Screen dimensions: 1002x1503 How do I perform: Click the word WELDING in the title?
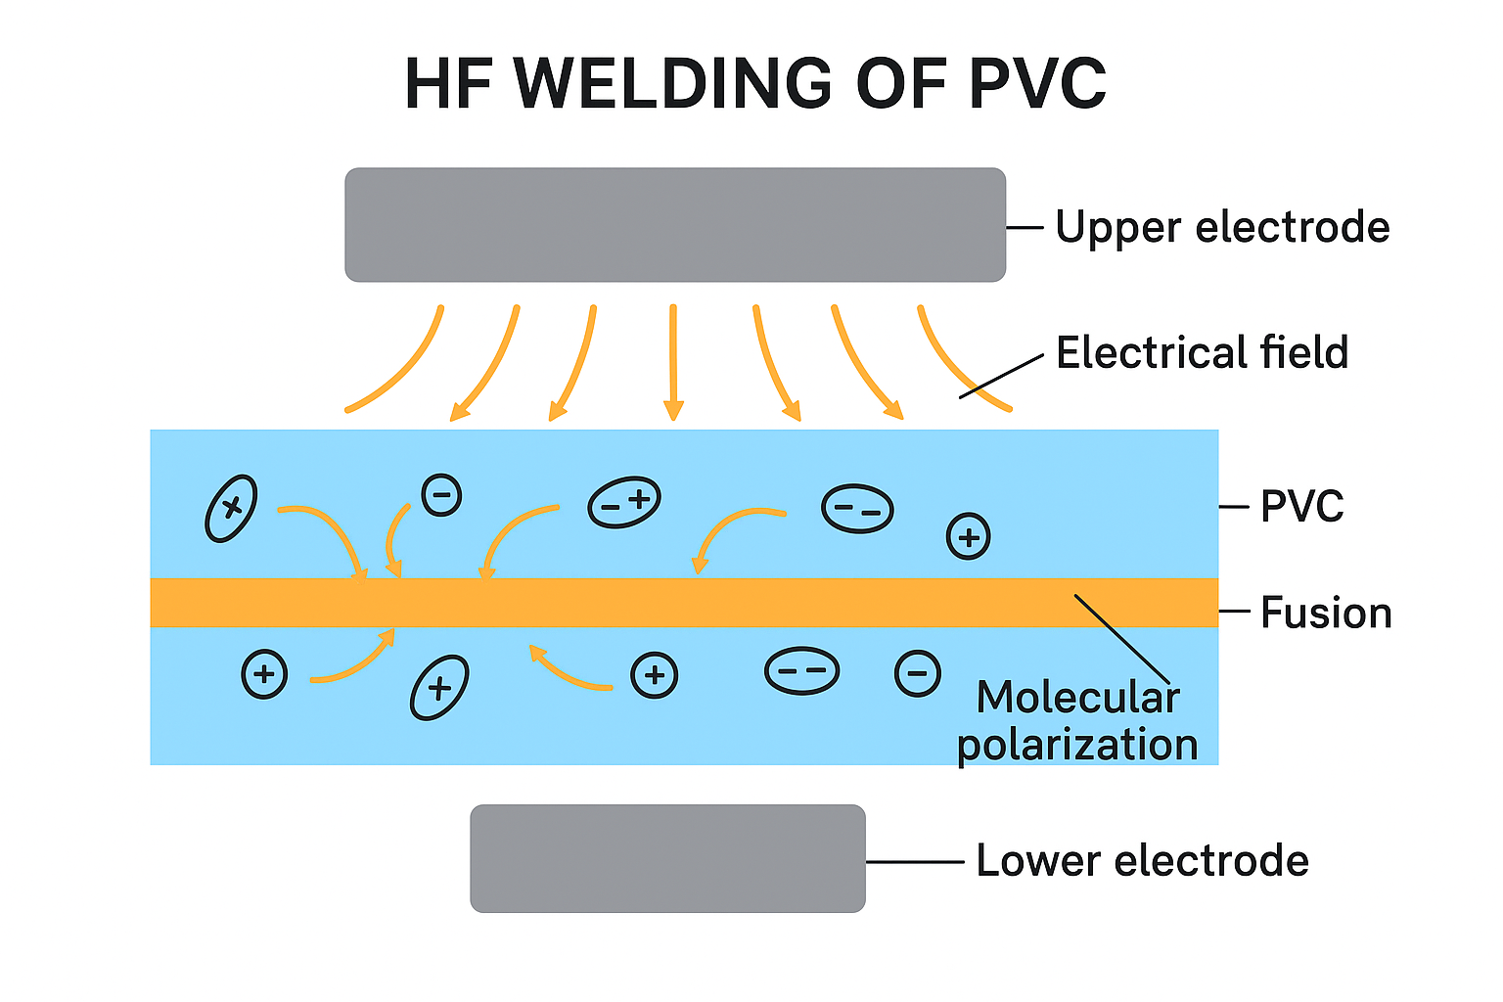673,84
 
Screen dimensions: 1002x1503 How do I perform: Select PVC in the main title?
1037,84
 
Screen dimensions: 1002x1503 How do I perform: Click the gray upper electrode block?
675,225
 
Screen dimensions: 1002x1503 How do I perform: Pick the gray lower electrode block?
667,858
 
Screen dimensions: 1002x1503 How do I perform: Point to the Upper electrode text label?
1222,227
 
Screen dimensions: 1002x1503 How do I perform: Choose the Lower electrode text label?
1142,861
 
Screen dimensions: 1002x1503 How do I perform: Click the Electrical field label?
1202,352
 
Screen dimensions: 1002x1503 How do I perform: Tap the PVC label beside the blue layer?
1301,507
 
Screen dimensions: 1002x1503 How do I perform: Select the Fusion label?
1326,613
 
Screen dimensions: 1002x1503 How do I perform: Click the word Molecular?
1077,698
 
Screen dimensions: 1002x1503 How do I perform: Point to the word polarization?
1077,745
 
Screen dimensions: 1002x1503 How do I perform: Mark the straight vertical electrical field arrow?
672,362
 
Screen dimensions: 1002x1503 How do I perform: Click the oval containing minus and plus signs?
624,503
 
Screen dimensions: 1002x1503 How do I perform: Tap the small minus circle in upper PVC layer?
441,495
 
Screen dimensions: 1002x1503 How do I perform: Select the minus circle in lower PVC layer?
918,673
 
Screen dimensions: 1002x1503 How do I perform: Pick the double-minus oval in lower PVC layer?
801,671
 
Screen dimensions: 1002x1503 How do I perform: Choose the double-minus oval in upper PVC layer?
857,509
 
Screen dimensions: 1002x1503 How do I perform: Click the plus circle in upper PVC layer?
969,536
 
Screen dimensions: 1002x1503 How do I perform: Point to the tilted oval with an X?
231,508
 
